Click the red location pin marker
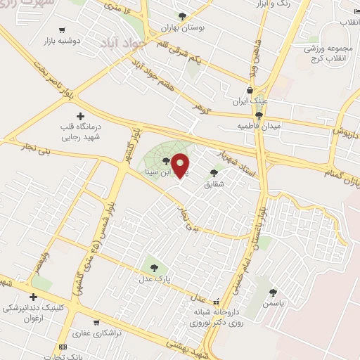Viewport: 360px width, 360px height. [181, 165]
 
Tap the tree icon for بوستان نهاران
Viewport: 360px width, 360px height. [183, 16]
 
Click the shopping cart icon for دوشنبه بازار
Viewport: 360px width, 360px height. [63, 30]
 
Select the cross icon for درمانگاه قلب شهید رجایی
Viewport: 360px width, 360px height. [79, 116]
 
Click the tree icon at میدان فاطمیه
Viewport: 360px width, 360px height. [259, 115]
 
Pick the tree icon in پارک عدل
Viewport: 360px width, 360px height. [154, 267]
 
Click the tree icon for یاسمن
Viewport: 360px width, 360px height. [273, 292]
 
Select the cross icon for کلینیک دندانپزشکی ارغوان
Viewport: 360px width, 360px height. [33, 297]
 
